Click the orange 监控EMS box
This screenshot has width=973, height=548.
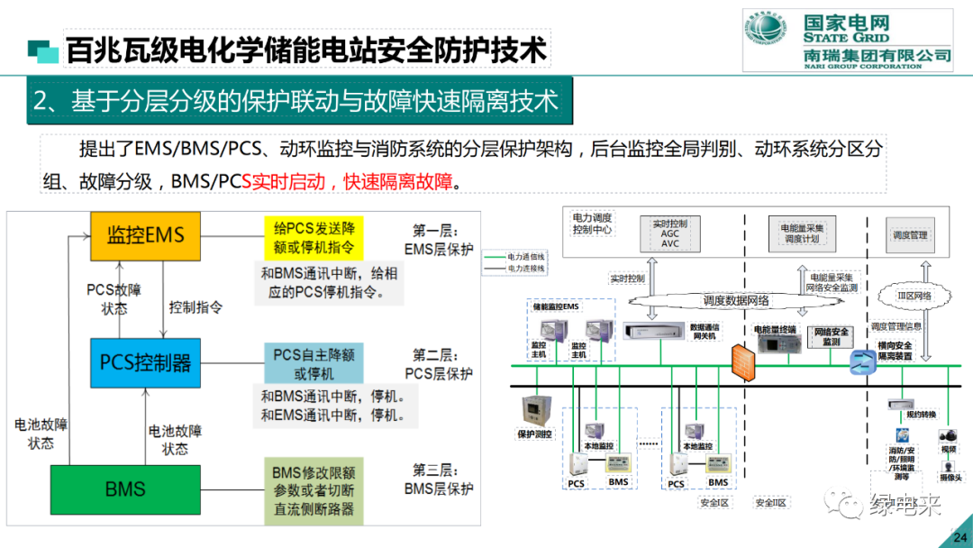(145, 236)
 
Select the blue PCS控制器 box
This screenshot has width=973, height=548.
(145, 362)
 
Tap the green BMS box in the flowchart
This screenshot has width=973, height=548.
(124, 489)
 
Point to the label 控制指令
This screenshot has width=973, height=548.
(196, 306)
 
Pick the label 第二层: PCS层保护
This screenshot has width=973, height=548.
(438, 363)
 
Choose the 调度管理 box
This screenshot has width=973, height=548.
(910, 235)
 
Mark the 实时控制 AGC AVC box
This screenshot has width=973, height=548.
(669, 233)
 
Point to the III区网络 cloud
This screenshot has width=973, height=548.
(914, 296)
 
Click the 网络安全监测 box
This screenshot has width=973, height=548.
(832, 337)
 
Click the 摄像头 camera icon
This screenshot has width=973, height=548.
(947, 466)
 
